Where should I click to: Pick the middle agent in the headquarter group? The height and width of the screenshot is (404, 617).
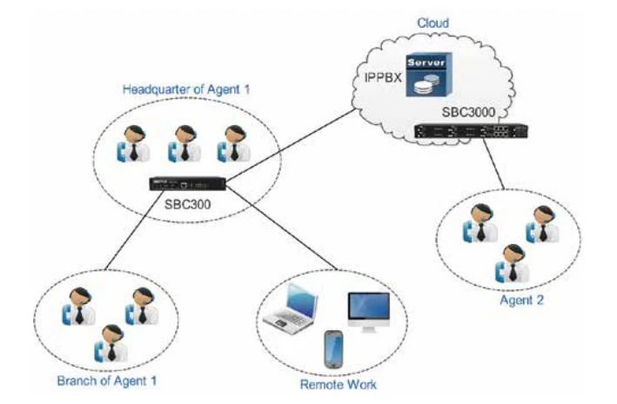[180, 144]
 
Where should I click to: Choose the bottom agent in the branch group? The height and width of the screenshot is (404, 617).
[110, 341]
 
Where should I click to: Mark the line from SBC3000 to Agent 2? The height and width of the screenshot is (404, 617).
[499, 165]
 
